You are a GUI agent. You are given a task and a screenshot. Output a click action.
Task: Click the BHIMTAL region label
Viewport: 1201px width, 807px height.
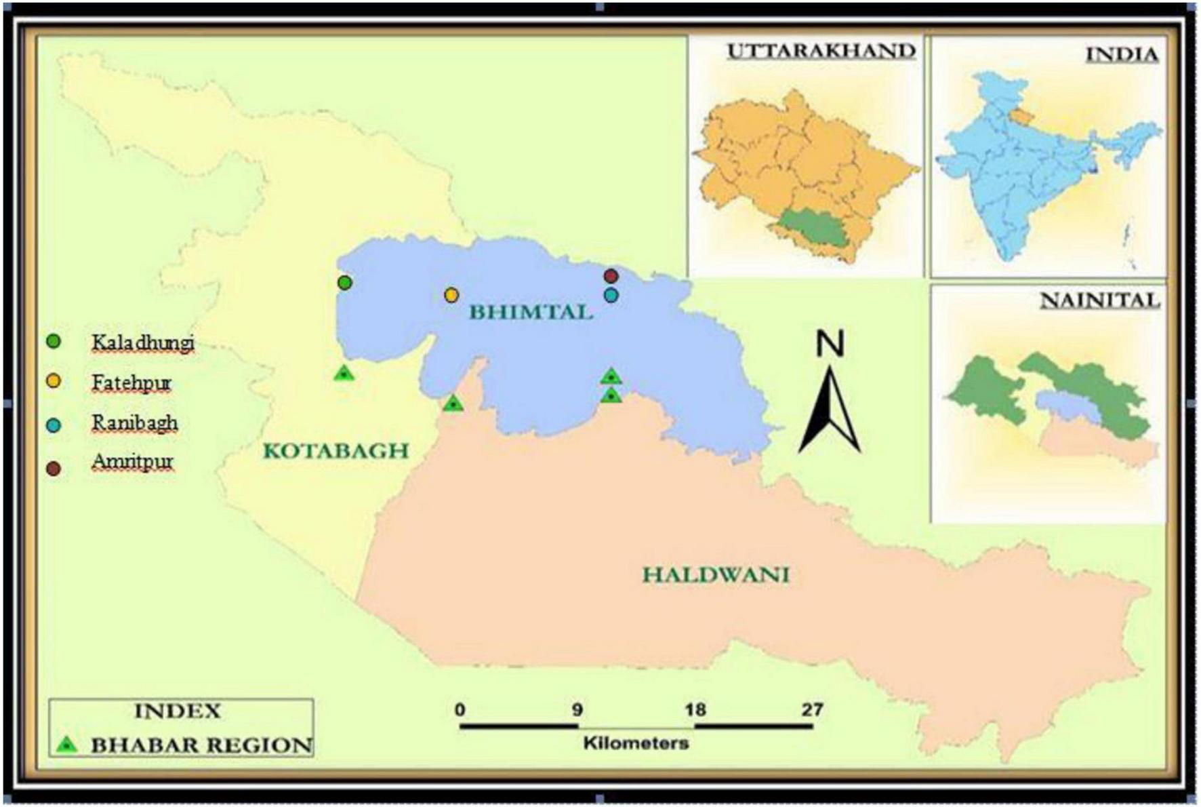pos(531,313)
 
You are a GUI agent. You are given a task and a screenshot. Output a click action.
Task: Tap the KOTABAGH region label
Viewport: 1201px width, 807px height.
pos(335,451)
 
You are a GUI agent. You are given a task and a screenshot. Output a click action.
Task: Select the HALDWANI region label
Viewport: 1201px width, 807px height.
pos(716,576)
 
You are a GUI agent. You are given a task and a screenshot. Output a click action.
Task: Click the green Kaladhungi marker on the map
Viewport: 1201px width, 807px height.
pos(344,282)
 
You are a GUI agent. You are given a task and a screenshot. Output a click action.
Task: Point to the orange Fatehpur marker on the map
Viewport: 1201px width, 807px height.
pos(451,295)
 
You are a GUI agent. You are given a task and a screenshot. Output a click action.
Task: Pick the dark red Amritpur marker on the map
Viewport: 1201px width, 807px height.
pos(611,276)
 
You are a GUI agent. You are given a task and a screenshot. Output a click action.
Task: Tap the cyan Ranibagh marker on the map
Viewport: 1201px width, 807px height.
pos(611,296)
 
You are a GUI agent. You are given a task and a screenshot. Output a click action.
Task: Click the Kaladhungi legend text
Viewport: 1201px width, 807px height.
pos(143,343)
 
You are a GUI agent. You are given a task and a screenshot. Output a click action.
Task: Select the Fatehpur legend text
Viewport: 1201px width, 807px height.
pos(131,383)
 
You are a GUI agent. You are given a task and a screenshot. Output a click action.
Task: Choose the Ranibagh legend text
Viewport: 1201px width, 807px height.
pos(135,423)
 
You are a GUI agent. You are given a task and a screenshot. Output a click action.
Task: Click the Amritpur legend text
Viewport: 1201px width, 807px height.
pos(133,462)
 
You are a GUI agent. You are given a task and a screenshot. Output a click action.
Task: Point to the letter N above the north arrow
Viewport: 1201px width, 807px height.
pos(830,344)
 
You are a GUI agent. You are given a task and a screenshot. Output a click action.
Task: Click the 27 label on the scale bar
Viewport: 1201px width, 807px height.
pos(812,710)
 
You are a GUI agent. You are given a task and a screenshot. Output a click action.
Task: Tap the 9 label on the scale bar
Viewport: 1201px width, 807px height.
pos(577,710)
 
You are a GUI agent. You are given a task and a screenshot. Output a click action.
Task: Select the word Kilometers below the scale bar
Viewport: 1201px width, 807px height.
pos(636,743)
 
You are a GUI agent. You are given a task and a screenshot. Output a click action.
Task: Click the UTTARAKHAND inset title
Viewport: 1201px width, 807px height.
pos(821,52)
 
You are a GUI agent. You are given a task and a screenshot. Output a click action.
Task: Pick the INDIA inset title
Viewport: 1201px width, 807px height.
pos(1122,54)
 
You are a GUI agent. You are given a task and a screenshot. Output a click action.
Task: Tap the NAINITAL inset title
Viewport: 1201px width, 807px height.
pos(1099,300)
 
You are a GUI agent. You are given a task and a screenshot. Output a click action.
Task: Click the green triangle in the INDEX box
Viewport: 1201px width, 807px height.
pos(66,745)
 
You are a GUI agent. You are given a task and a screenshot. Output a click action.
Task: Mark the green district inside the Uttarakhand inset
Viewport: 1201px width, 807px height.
pos(813,230)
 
